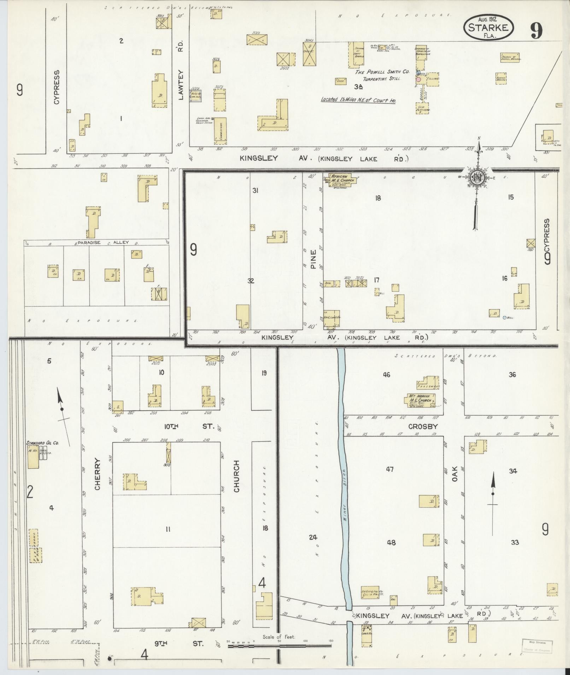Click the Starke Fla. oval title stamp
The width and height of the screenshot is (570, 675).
click(x=488, y=27)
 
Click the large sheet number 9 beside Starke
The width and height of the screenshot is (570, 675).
click(x=536, y=31)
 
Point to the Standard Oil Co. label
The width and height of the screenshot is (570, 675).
click(x=42, y=442)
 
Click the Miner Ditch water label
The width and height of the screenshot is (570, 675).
click(x=345, y=480)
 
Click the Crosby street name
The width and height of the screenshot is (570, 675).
click(x=423, y=426)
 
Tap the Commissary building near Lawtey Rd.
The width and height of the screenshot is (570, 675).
click(x=221, y=131)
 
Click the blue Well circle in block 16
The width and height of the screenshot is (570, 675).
click(x=505, y=317)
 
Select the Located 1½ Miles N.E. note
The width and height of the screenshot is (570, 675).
click(x=358, y=100)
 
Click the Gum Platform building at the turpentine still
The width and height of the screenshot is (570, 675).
click(x=422, y=108)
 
